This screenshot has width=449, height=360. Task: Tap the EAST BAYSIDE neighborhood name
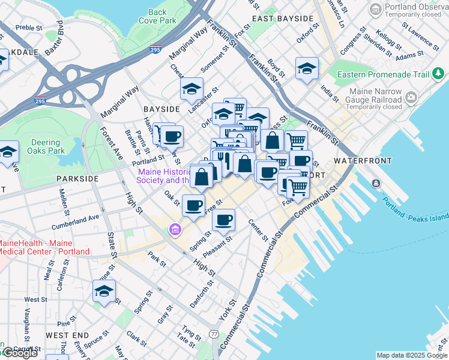pos(283,19)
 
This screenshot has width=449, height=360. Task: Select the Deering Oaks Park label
pos(46,147)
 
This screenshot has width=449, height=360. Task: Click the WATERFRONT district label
pos(363,161)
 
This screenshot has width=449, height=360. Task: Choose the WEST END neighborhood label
pos(67,335)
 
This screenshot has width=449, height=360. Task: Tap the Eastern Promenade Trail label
pos(383,74)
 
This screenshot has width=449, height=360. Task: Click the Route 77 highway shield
pos(214,334)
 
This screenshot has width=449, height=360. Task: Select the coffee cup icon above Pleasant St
pos(224,220)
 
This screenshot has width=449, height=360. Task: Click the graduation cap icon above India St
pos(307,68)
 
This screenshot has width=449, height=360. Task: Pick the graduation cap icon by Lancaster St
pos(191,90)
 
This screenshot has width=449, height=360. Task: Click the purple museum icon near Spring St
pos(175,229)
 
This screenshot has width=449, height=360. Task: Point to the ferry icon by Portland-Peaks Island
pos(376,182)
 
